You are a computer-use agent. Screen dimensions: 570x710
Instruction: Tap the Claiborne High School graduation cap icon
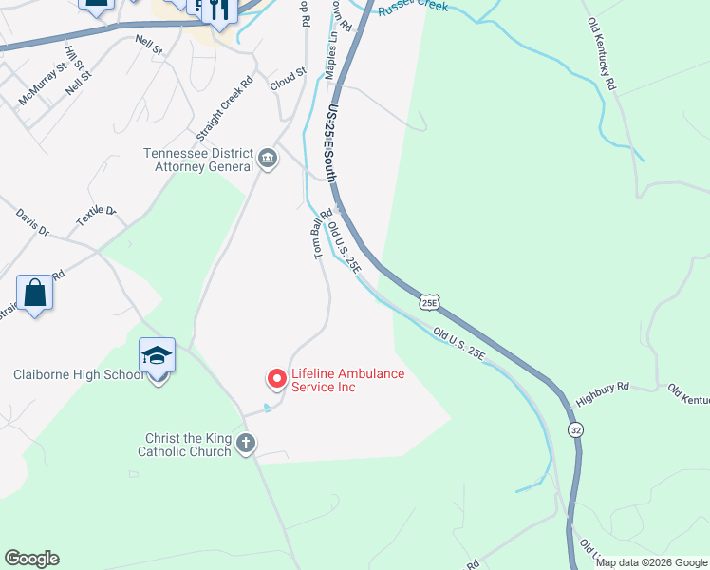(x=158, y=356)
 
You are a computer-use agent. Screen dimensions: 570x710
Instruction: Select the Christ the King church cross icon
(x=246, y=443)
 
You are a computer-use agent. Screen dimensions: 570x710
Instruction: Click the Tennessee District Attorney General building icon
(x=267, y=158)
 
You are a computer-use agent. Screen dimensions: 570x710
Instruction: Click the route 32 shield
(x=576, y=430)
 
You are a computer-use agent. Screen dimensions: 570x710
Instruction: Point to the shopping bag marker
(x=35, y=293)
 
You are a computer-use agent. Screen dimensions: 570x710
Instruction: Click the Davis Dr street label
(x=31, y=224)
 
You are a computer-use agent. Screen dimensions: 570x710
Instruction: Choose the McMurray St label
(x=43, y=82)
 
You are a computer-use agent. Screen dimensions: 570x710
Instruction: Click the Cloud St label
(x=288, y=78)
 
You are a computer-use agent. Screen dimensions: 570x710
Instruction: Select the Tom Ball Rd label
(x=319, y=233)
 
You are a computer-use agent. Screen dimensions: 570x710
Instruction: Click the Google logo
(x=31, y=559)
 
